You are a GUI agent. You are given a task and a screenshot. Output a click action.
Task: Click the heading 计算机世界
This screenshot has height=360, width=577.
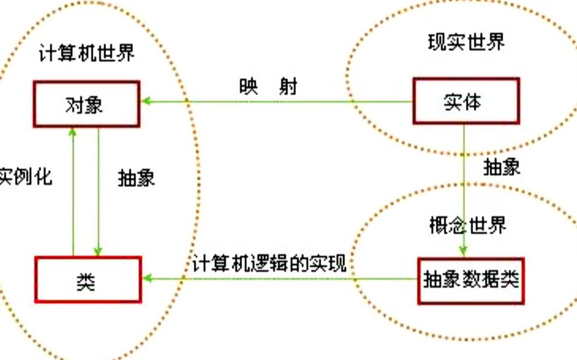pyautogui.click(x=87, y=53)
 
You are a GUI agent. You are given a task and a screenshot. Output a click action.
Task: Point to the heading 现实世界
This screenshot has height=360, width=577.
pyautogui.click(x=466, y=42)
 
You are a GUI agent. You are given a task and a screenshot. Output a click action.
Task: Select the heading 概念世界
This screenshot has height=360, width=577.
pyautogui.click(x=467, y=225)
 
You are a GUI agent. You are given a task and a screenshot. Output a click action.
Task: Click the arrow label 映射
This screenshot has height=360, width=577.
pyautogui.click(x=268, y=86)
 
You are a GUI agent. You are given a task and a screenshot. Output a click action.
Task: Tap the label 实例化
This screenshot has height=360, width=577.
pyautogui.click(x=25, y=177)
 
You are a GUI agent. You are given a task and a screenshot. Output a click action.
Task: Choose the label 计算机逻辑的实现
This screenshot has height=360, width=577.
pyautogui.click(x=269, y=263)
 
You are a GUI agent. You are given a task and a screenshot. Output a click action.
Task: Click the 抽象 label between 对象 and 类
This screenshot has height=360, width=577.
pyautogui.click(x=136, y=178)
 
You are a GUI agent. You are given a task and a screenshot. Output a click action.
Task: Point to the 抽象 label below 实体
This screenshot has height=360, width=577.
pyautogui.click(x=502, y=167)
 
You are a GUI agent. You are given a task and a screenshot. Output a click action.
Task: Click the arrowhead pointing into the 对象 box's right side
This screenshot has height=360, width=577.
pyautogui.click(x=147, y=101)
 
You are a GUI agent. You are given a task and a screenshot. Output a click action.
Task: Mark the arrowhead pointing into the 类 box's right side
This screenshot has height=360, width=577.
pyautogui.click(x=147, y=278)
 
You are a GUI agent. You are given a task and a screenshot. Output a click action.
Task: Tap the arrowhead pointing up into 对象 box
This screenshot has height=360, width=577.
pyautogui.click(x=73, y=132)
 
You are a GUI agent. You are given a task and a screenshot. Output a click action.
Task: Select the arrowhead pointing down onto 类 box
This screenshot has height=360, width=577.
pyautogui.click(x=98, y=251)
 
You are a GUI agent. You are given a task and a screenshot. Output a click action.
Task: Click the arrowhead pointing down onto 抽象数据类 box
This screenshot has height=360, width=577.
pyautogui.click(x=463, y=252)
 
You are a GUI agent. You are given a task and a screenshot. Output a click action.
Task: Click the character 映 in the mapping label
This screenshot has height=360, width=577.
pyautogui.click(x=248, y=86)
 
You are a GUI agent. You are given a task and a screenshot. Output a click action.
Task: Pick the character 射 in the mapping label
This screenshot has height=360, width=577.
pyautogui.click(x=288, y=86)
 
